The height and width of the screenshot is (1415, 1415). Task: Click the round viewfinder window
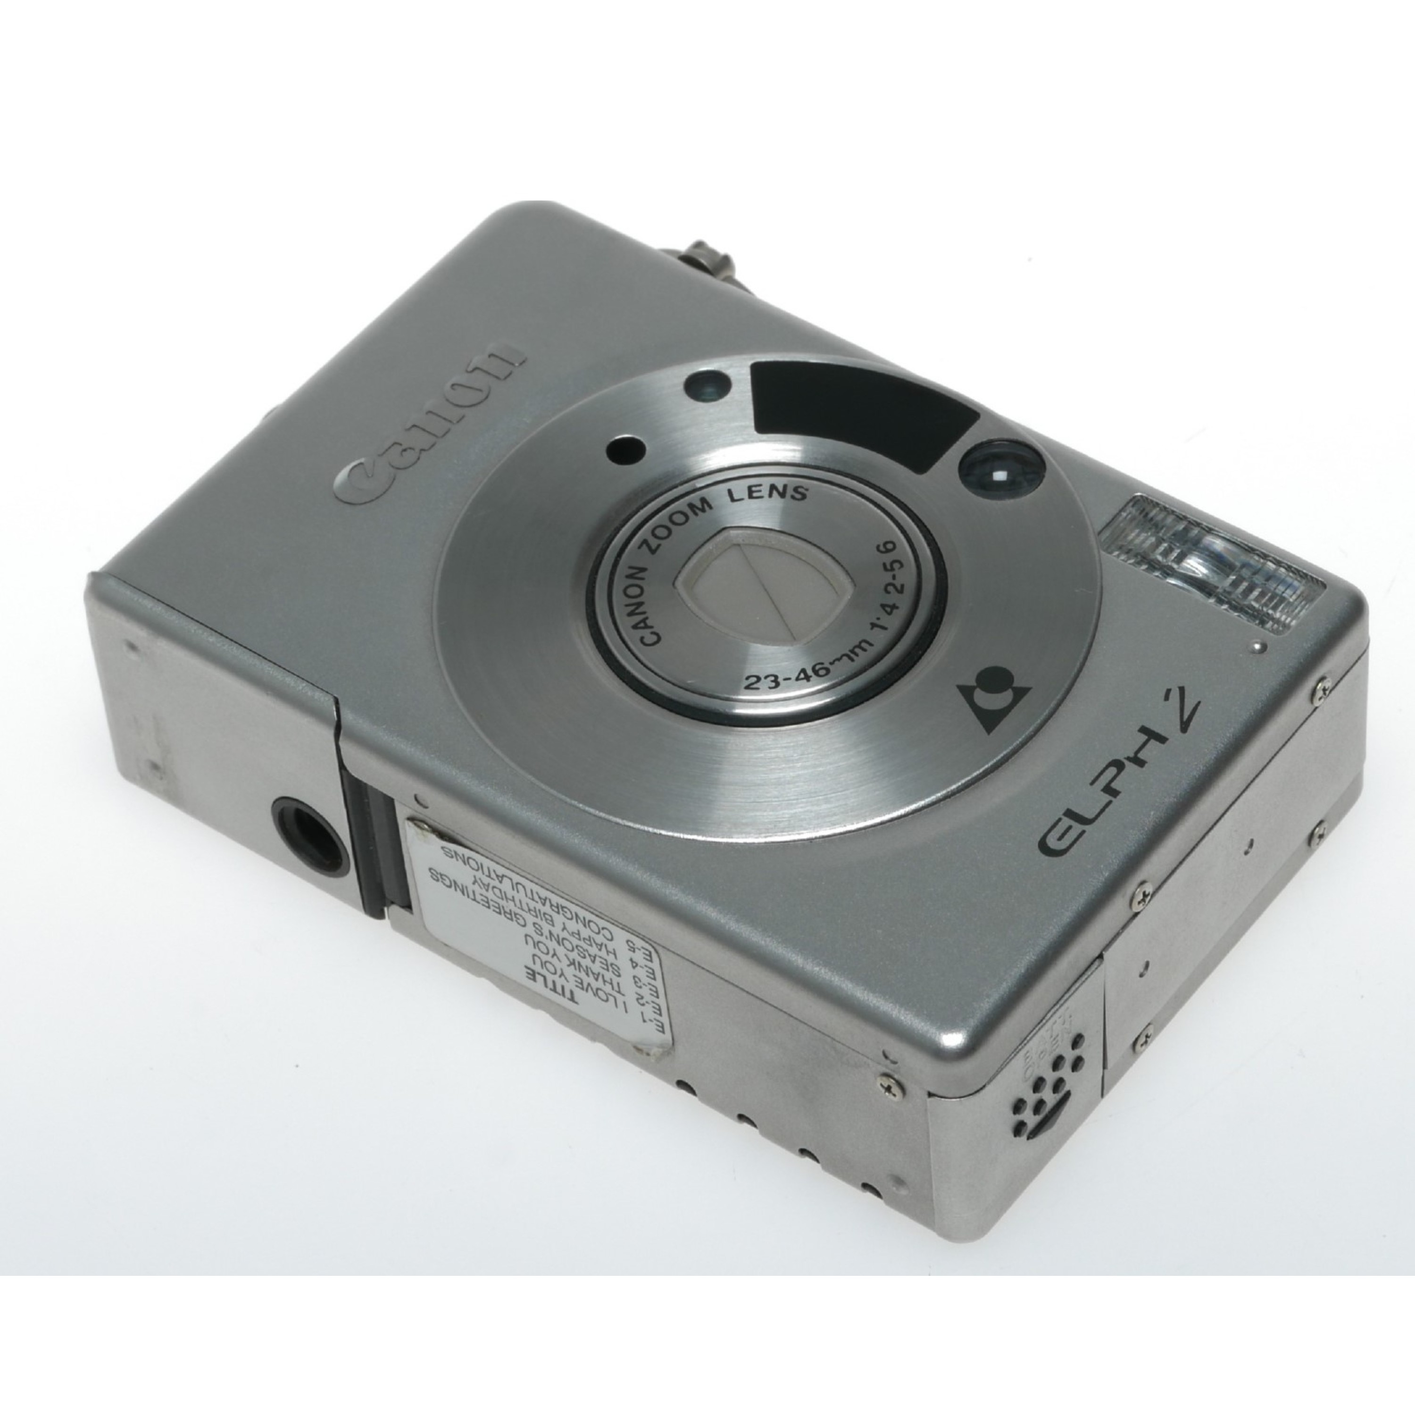click(1000, 476)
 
